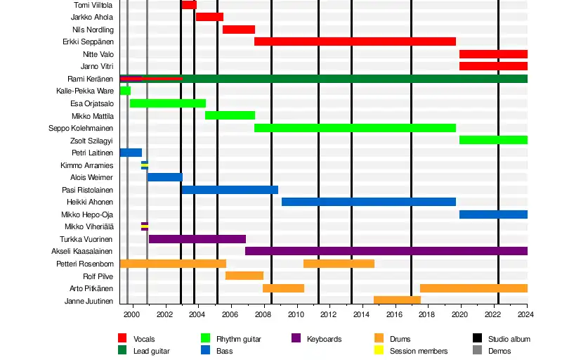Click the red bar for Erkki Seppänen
click(x=355, y=41)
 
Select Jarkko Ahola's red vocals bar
click(x=209, y=17)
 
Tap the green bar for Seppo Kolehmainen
click(x=355, y=128)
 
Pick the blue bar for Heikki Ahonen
click(x=369, y=202)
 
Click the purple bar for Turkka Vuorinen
click(x=197, y=239)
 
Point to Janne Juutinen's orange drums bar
click(x=397, y=300)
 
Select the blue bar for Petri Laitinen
click(x=131, y=153)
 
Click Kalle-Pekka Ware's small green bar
click(x=125, y=91)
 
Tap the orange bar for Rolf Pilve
click(x=244, y=276)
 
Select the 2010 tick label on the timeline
click(x=296, y=314)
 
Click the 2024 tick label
click(x=526, y=314)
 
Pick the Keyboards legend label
click(x=324, y=339)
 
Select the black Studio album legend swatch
click(x=477, y=339)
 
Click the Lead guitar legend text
click(x=152, y=350)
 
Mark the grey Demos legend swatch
click(x=477, y=350)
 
